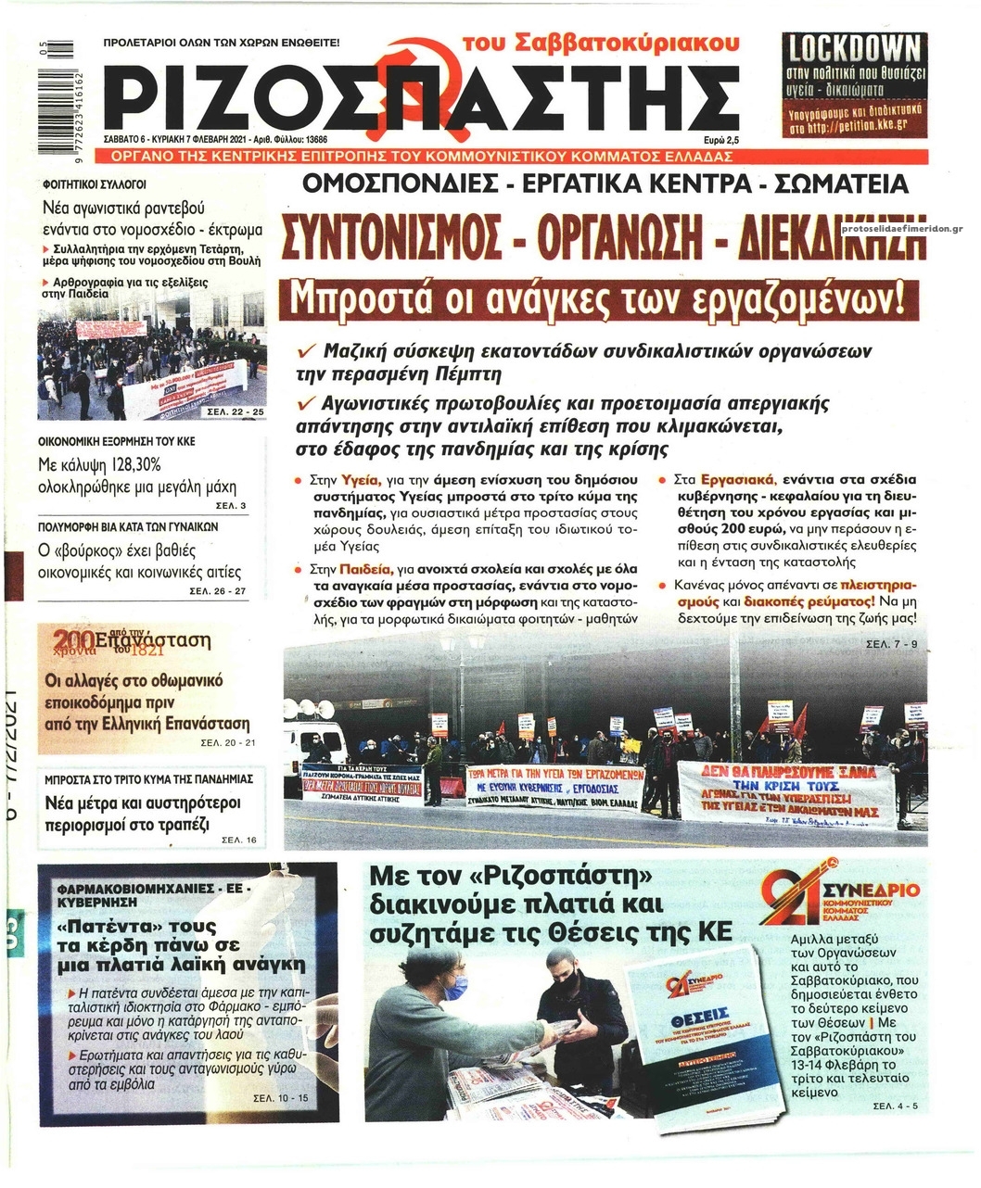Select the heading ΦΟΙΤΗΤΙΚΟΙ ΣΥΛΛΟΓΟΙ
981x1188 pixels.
point(94,183)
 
